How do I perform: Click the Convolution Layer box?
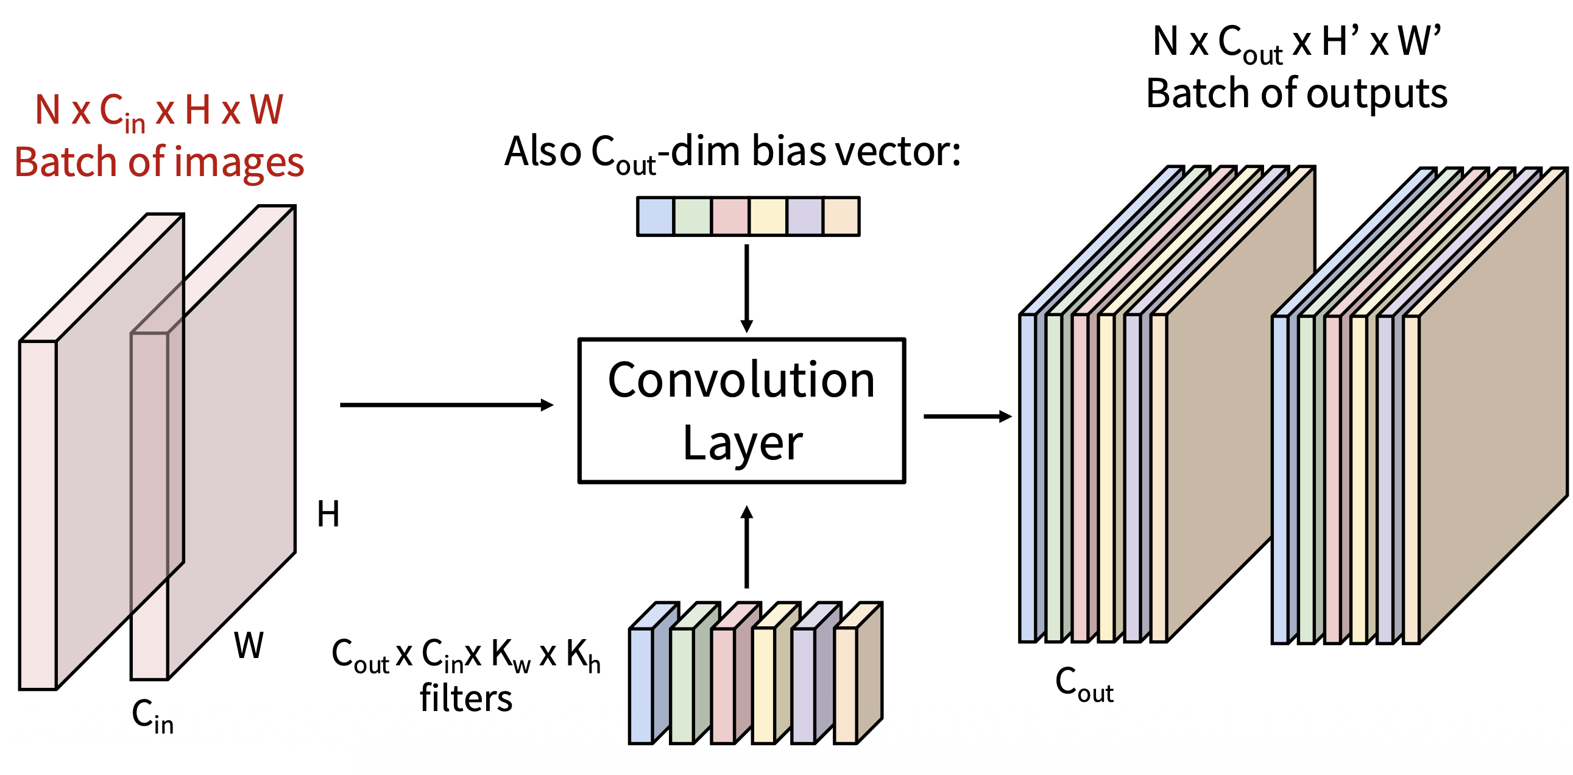[741, 411]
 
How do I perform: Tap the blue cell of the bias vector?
[655, 216]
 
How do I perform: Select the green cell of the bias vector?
[693, 216]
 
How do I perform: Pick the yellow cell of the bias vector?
[768, 216]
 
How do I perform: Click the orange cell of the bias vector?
[841, 216]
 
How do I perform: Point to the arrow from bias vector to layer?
[746, 287]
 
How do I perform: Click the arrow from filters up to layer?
[746, 547]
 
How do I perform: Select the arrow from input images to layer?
[446, 405]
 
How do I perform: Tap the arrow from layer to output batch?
[967, 417]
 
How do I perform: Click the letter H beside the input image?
[328, 514]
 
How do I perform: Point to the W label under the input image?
[249, 645]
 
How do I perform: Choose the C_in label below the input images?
[153, 716]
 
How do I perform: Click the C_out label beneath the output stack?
[1084, 684]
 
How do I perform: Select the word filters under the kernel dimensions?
[466, 698]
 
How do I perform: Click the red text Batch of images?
[160, 163]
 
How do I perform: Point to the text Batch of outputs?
[1296, 93]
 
